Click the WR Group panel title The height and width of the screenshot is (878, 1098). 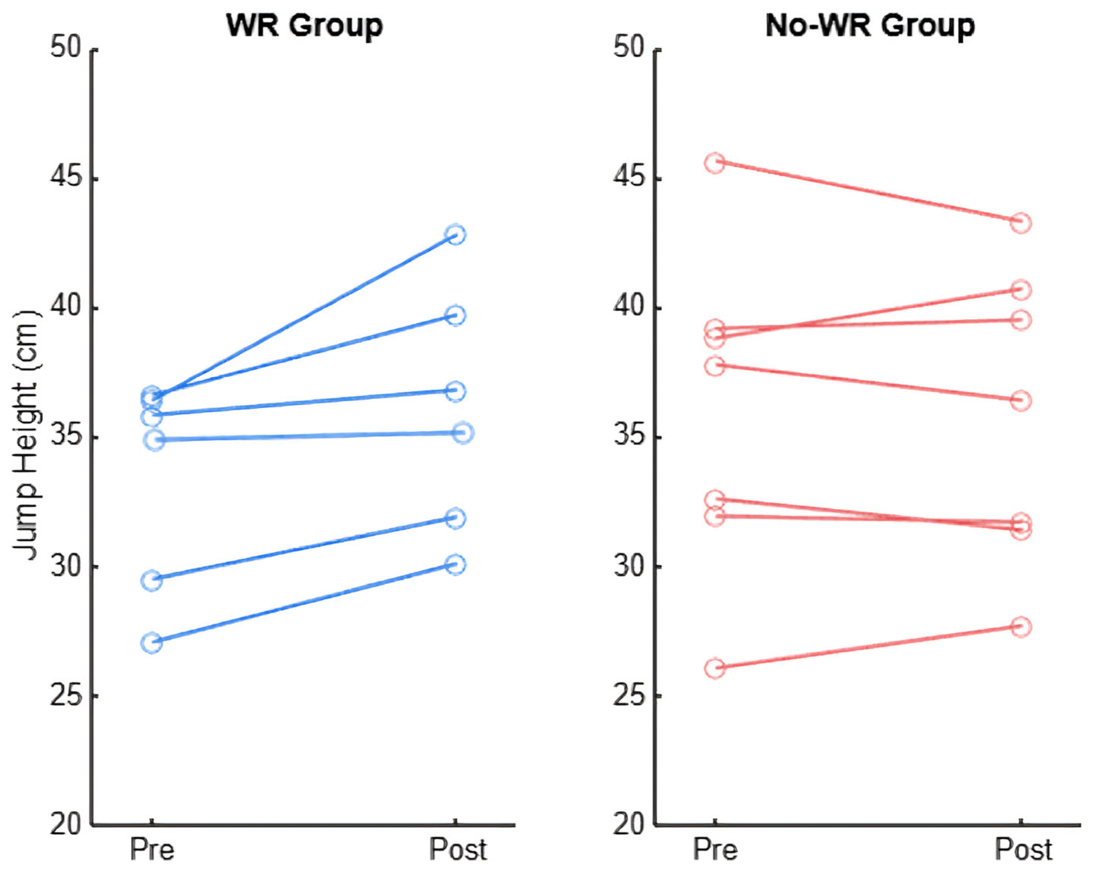304,26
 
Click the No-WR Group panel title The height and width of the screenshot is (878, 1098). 870,26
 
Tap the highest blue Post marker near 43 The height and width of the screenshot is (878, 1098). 455,234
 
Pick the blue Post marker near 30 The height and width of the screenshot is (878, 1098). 455,564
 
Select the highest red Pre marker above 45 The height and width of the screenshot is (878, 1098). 715,163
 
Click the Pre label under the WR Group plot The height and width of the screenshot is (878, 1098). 152,849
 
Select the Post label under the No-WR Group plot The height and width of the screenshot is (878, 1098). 1023,849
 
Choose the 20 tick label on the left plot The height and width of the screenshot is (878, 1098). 66,824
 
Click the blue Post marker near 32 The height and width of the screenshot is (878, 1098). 455,518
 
